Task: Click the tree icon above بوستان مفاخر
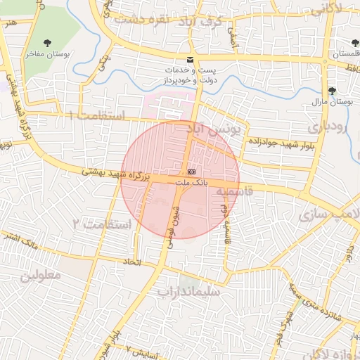click(x=48, y=44)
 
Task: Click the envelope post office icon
click(x=190, y=60)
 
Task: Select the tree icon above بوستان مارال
click(x=332, y=91)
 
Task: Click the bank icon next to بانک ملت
click(x=193, y=172)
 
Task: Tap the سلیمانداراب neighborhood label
click(x=188, y=290)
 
